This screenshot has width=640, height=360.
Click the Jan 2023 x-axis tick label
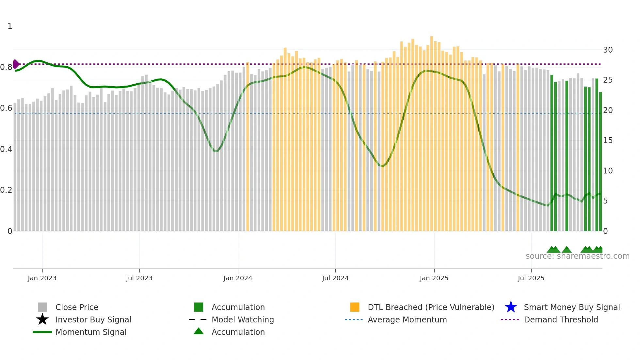(x=42, y=278)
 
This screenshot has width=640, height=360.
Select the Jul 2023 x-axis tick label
(x=139, y=278)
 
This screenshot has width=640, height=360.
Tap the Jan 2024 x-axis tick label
(x=238, y=278)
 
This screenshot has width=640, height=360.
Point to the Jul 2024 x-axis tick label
(x=335, y=278)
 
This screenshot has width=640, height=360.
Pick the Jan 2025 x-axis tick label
(x=434, y=278)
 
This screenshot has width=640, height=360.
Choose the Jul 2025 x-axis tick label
(x=531, y=278)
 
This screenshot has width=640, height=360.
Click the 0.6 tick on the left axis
(x=6, y=108)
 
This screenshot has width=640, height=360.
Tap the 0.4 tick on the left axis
(x=6, y=149)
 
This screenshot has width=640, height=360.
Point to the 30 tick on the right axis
(x=608, y=50)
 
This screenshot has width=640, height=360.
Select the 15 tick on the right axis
(x=608, y=140)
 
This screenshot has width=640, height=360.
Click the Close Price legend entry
(x=77, y=307)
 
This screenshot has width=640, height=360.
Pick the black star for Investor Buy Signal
(x=42, y=319)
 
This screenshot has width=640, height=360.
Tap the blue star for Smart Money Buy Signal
(x=511, y=307)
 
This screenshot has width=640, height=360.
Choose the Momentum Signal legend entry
(x=91, y=332)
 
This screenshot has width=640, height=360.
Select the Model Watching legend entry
(x=243, y=319)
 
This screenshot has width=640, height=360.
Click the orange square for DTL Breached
(x=355, y=307)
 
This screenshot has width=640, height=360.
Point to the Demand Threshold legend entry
(x=561, y=319)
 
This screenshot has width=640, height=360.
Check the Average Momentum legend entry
(x=407, y=319)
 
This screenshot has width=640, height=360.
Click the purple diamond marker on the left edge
(x=16, y=64)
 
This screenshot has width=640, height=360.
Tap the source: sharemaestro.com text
(x=577, y=256)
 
